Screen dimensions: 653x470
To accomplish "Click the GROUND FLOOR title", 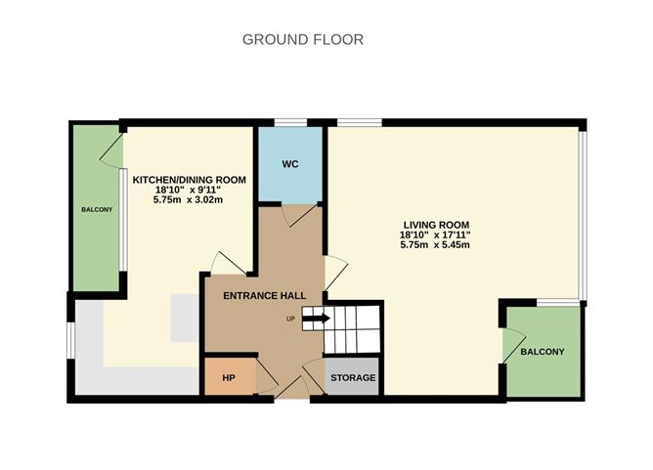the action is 303,39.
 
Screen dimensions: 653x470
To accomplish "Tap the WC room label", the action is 290,164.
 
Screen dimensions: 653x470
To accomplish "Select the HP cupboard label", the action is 229,378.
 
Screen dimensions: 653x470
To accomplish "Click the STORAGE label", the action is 353,378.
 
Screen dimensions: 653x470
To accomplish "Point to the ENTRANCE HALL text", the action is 265,296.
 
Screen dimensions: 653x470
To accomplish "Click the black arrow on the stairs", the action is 316,319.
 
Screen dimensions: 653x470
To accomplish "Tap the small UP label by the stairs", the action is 290,320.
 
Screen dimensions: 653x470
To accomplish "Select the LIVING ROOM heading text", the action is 436,225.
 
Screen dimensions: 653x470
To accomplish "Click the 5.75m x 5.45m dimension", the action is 435,245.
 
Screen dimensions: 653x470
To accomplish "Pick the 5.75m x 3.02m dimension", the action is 188,199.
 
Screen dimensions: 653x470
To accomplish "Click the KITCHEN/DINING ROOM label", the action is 189,180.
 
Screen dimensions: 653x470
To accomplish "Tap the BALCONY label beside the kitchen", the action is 97,210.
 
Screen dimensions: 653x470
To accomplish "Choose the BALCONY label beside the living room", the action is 543,352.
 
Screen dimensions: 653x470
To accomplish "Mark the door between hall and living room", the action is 335,273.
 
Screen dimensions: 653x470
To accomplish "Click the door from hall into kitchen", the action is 228,263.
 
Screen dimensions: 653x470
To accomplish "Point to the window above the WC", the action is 290,122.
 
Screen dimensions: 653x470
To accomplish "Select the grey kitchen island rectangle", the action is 184,318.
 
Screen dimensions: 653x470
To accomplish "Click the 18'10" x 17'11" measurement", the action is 435,235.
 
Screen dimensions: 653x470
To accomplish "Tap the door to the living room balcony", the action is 513,346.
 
